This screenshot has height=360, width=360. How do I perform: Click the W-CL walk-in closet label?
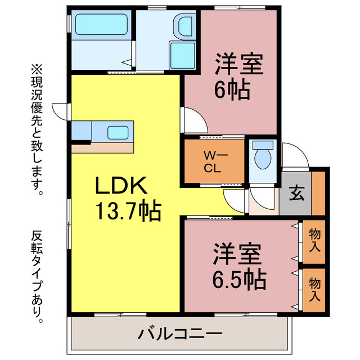point(212,161)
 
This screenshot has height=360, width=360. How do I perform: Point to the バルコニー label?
point(180,334)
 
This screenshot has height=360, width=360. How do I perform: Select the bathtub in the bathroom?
point(101,25)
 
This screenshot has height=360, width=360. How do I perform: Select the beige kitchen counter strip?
point(103,148)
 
